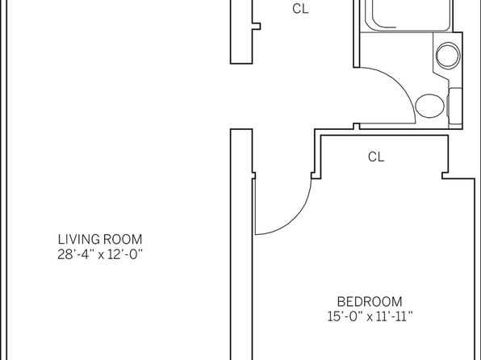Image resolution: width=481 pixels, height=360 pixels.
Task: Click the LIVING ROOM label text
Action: (x=100, y=240)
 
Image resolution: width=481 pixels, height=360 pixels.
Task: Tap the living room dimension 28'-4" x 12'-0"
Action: (x=100, y=254)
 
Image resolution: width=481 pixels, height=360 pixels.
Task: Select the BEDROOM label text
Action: (x=370, y=302)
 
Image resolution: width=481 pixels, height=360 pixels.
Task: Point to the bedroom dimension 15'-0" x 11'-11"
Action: (x=370, y=316)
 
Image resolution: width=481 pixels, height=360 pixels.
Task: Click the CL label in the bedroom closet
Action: (x=376, y=157)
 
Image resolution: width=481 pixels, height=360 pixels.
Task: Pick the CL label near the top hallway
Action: (x=300, y=9)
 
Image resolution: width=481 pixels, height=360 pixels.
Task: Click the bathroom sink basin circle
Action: (x=448, y=56)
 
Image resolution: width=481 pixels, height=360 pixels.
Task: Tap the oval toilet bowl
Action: (x=430, y=106)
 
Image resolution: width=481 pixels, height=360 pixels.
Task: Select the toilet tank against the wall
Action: (x=455, y=107)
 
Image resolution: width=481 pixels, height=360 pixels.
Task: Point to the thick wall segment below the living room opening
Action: (x=241, y=245)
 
